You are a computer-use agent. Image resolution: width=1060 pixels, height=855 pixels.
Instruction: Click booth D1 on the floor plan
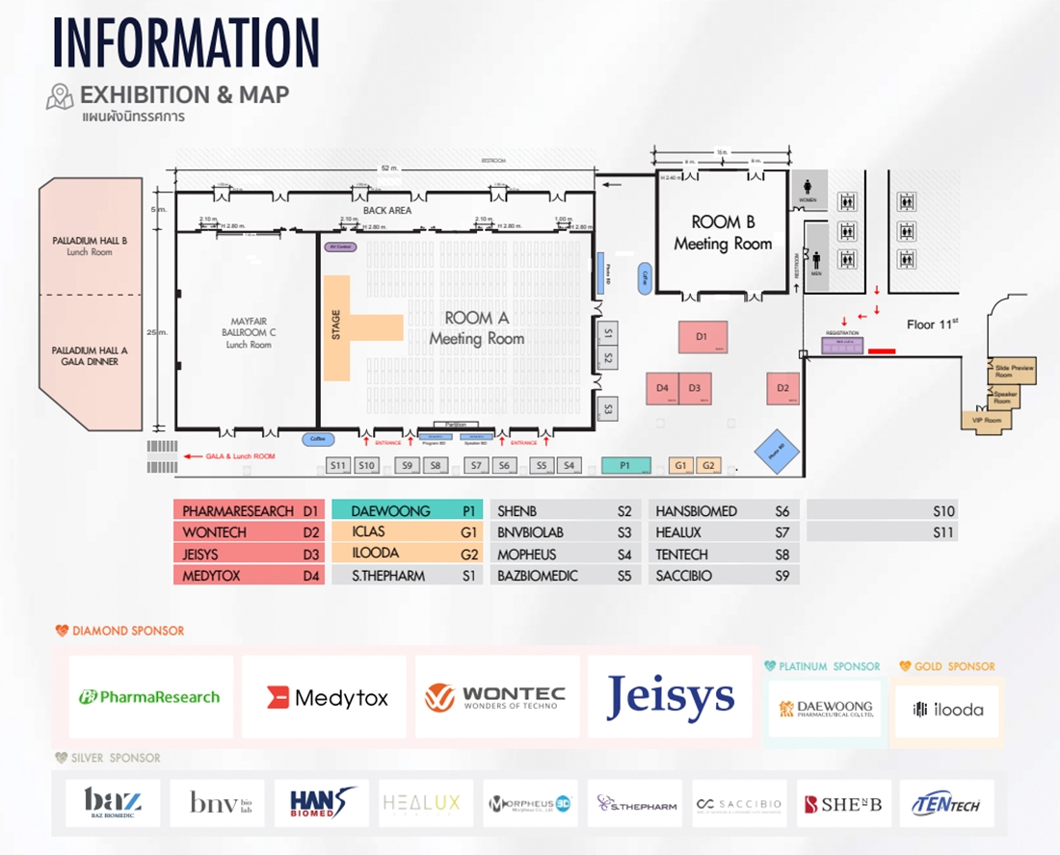click(702, 337)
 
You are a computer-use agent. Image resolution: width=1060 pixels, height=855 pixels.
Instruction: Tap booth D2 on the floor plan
click(782, 388)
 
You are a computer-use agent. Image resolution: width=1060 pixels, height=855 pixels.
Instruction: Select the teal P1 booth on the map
click(625, 465)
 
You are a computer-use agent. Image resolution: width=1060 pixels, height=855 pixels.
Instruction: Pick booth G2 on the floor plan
click(708, 465)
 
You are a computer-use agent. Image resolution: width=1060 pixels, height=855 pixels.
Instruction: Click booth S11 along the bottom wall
click(337, 466)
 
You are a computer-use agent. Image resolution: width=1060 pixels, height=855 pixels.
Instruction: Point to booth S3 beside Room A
click(607, 408)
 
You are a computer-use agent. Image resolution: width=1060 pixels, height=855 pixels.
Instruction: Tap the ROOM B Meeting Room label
click(723, 233)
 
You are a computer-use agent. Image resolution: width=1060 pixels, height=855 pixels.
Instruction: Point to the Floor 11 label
click(933, 324)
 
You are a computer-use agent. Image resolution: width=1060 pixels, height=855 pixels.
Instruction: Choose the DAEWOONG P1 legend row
click(407, 511)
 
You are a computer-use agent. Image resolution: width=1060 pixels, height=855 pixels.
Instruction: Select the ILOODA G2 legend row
click(407, 554)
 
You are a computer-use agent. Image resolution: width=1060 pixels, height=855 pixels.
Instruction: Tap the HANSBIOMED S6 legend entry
click(724, 511)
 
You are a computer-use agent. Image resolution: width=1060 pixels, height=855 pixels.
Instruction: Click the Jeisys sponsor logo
click(670, 697)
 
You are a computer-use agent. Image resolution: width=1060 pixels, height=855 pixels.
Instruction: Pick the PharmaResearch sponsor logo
click(150, 697)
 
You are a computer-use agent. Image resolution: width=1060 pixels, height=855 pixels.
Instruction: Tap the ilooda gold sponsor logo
click(947, 711)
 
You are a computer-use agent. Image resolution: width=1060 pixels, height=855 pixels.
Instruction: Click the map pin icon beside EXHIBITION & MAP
click(60, 95)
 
